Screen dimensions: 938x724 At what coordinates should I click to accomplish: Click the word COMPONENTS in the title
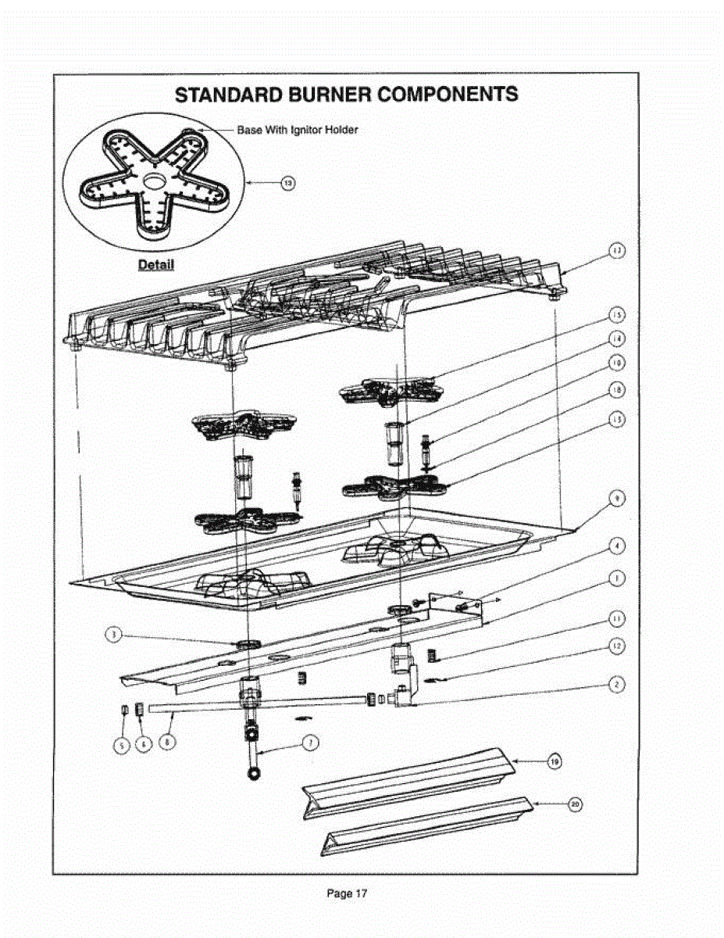point(448,95)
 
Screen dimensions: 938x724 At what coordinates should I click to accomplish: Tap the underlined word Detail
point(155,264)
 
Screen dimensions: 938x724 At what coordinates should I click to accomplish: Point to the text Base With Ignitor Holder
point(298,130)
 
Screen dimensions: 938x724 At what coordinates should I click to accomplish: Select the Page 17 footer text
point(348,893)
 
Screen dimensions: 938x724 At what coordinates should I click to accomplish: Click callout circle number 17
point(617,251)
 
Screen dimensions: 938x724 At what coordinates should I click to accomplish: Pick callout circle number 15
point(617,314)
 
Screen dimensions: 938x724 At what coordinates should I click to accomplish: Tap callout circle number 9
point(617,499)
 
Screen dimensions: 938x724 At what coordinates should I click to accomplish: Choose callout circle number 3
point(114,635)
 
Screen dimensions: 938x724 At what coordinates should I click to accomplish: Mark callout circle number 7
point(309,743)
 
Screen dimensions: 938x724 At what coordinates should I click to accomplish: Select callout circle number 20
point(575,804)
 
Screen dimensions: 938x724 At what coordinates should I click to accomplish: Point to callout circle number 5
point(122,746)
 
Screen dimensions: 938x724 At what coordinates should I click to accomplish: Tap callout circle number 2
point(617,683)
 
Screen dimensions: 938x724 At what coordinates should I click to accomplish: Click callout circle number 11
point(617,618)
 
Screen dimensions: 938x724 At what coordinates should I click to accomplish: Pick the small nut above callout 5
point(124,709)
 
